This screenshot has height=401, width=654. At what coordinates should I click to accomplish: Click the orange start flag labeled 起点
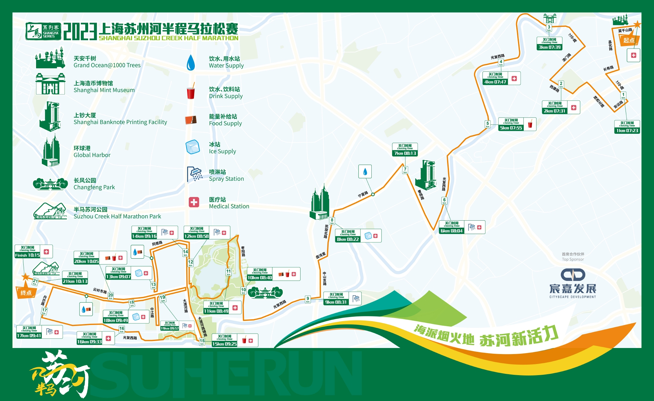(x=628, y=40)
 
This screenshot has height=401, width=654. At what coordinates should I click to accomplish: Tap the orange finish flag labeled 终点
(x=26, y=292)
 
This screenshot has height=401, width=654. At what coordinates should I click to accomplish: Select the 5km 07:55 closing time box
(x=511, y=125)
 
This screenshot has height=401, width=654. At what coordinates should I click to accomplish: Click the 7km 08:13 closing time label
(x=405, y=150)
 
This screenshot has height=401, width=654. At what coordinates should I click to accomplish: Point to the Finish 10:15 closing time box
(x=27, y=252)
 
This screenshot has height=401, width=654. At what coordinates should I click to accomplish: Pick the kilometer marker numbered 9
(x=308, y=299)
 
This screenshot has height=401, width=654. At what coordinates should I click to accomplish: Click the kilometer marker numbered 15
(x=202, y=341)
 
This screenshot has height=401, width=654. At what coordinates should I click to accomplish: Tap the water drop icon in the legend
(x=191, y=62)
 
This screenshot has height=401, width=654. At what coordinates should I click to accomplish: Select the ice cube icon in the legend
(x=193, y=147)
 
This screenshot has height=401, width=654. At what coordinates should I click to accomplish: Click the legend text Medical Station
(x=229, y=206)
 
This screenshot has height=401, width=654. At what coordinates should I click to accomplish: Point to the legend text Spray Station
(x=226, y=179)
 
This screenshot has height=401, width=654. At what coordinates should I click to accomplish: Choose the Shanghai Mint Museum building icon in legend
(x=50, y=84)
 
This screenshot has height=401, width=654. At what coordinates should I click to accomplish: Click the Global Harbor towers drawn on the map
(x=320, y=203)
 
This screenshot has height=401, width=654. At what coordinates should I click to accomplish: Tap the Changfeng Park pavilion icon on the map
(x=265, y=292)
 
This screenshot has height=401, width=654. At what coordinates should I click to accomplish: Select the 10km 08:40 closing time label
(x=260, y=274)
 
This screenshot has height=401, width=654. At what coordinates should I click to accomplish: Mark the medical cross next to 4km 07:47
(x=514, y=79)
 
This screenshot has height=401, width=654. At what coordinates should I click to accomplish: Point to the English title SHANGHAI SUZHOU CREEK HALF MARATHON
(x=168, y=38)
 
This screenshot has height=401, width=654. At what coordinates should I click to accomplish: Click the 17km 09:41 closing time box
(x=29, y=332)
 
